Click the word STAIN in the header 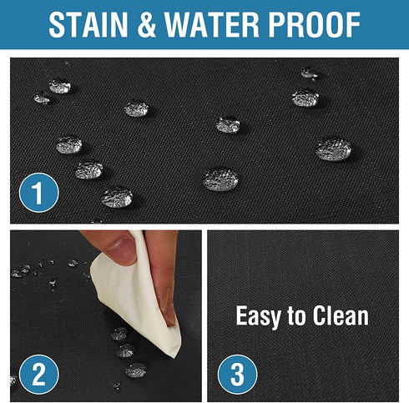[x=88, y=25]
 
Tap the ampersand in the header [x=146, y=25]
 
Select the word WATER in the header [x=212, y=25]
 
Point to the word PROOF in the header [x=314, y=25]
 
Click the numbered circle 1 [x=38, y=193]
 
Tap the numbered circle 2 [x=38, y=374]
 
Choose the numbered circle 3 [x=237, y=374]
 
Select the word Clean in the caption [x=341, y=315]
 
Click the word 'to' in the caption [x=296, y=316]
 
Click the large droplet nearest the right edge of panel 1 [x=333, y=149]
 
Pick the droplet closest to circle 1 [x=88, y=170]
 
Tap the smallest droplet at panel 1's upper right [x=309, y=73]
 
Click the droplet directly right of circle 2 [x=136, y=370]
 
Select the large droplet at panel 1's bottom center [x=220, y=179]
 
